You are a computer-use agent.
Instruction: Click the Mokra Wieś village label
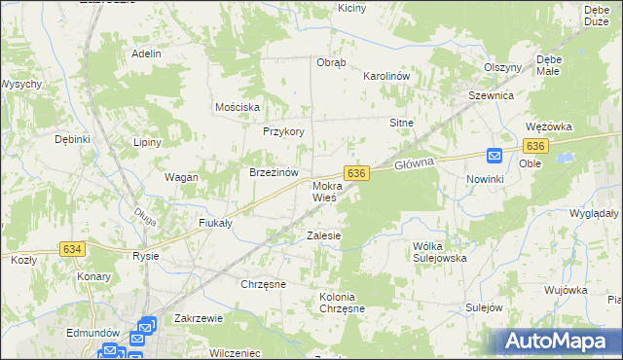(x=325, y=191)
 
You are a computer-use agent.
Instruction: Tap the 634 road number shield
(x=72, y=249)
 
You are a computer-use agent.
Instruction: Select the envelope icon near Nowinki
(x=494, y=156)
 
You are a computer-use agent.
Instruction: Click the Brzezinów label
(x=273, y=172)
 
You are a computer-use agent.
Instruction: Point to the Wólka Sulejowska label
(x=440, y=252)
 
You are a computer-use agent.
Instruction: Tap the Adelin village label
(x=146, y=54)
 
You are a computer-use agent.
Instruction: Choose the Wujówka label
(x=566, y=290)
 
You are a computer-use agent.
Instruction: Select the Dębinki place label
(x=73, y=139)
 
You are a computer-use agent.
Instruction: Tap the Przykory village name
(x=284, y=131)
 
